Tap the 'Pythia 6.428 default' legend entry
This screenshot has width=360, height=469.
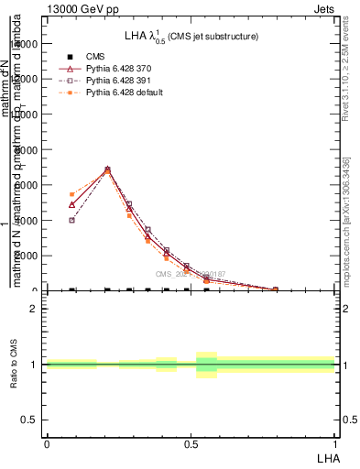point(112,92)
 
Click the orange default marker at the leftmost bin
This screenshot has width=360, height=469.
point(72,194)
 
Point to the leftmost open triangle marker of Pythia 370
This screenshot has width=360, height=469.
point(72,204)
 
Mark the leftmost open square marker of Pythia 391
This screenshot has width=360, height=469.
point(72,220)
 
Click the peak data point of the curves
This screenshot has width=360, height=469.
point(108,169)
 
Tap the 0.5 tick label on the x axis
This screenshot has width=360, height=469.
point(191,443)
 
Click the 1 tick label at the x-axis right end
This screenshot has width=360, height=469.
point(335,443)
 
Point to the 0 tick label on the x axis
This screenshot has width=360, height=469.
point(47,443)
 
